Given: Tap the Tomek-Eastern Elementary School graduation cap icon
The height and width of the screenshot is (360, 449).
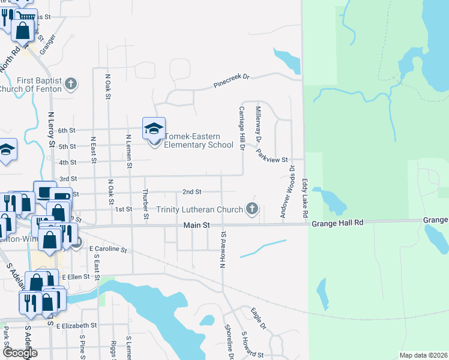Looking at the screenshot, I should (154, 128).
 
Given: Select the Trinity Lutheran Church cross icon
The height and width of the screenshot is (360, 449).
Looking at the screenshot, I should (252, 209).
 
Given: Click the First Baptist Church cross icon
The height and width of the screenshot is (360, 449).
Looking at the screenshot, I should (71, 83).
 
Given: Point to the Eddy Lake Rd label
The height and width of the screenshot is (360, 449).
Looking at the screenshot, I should (305, 197).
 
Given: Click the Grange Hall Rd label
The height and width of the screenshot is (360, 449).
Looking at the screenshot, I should (337, 223).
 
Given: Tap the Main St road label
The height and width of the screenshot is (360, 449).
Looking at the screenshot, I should (196, 225).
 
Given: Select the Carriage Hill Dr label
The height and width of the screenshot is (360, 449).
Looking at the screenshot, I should (243, 127).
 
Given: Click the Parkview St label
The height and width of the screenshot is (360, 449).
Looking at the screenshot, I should (273, 157).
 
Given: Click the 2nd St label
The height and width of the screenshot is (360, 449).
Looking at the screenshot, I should (191, 192).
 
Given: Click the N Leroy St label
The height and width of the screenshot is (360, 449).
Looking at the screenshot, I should (51, 129).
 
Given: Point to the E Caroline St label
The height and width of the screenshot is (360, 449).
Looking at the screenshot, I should (109, 249).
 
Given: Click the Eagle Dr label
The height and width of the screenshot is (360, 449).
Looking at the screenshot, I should (259, 318).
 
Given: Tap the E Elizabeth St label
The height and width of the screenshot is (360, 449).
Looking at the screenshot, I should (76, 326).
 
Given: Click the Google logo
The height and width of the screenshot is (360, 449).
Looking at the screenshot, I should (19, 353).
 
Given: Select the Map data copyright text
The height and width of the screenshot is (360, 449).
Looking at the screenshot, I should (423, 355).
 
